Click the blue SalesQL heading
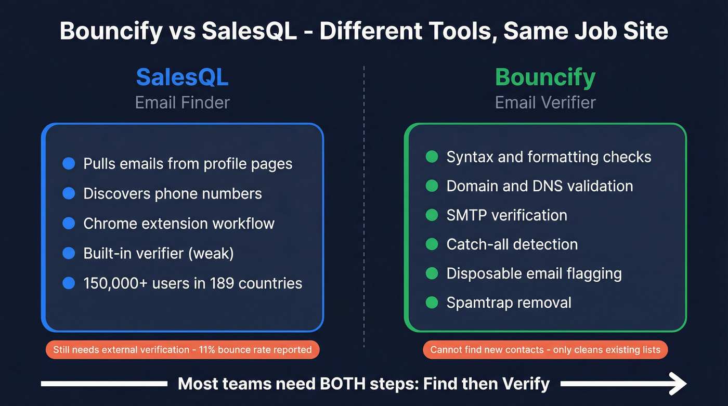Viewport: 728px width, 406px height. (182, 77)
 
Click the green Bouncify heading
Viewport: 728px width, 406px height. (545, 77)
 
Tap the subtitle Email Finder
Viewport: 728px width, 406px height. (182, 102)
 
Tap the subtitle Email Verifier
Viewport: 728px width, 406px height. (545, 102)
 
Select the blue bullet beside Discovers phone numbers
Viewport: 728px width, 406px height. (69, 193)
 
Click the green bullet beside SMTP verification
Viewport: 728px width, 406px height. (432, 215)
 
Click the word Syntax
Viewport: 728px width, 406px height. (465, 157)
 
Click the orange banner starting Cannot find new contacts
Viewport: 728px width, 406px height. (545, 349)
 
